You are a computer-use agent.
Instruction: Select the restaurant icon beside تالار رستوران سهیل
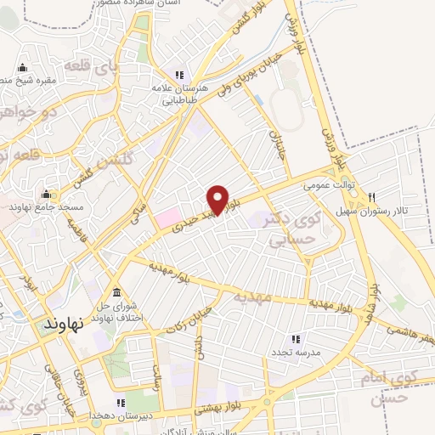[371, 199]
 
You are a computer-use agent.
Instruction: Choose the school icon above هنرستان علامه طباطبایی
[178, 74]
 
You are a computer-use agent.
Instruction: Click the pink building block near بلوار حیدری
[167, 219]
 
